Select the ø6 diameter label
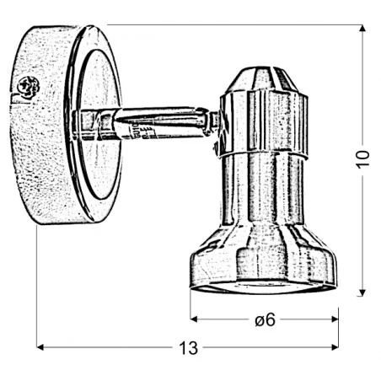click(264, 319)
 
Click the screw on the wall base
click(27, 86)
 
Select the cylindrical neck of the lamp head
click(262, 194)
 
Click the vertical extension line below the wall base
click(37, 287)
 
